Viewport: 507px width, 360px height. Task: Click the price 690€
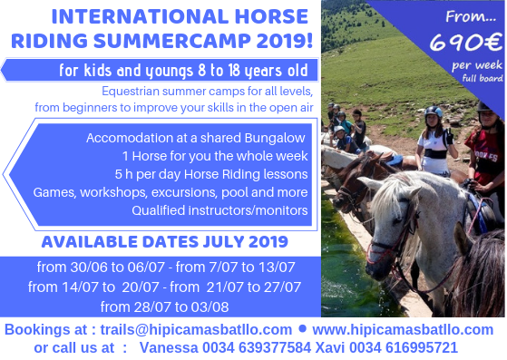click(466, 42)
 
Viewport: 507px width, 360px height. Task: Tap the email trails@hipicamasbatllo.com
click(196, 330)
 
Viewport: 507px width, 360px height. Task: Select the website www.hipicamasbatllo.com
click(403, 330)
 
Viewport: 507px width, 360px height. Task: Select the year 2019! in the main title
click(285, 41)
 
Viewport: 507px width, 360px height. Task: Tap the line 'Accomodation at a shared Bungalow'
click(196, 138)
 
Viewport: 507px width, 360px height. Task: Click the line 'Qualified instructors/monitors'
click(219, 210)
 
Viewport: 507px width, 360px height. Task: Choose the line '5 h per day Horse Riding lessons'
click(211, 174)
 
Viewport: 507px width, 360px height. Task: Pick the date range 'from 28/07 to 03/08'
click(164, 306)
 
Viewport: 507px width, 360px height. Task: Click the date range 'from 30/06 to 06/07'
click(101, 268)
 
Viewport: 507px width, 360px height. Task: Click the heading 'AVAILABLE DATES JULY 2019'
click(164, 242)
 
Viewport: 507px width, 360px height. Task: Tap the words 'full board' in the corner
click(483, 78)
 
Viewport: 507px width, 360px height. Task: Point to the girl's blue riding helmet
click(434, 112)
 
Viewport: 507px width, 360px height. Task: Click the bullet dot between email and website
click(302, 328)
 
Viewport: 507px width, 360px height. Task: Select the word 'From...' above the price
click(471, 17)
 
